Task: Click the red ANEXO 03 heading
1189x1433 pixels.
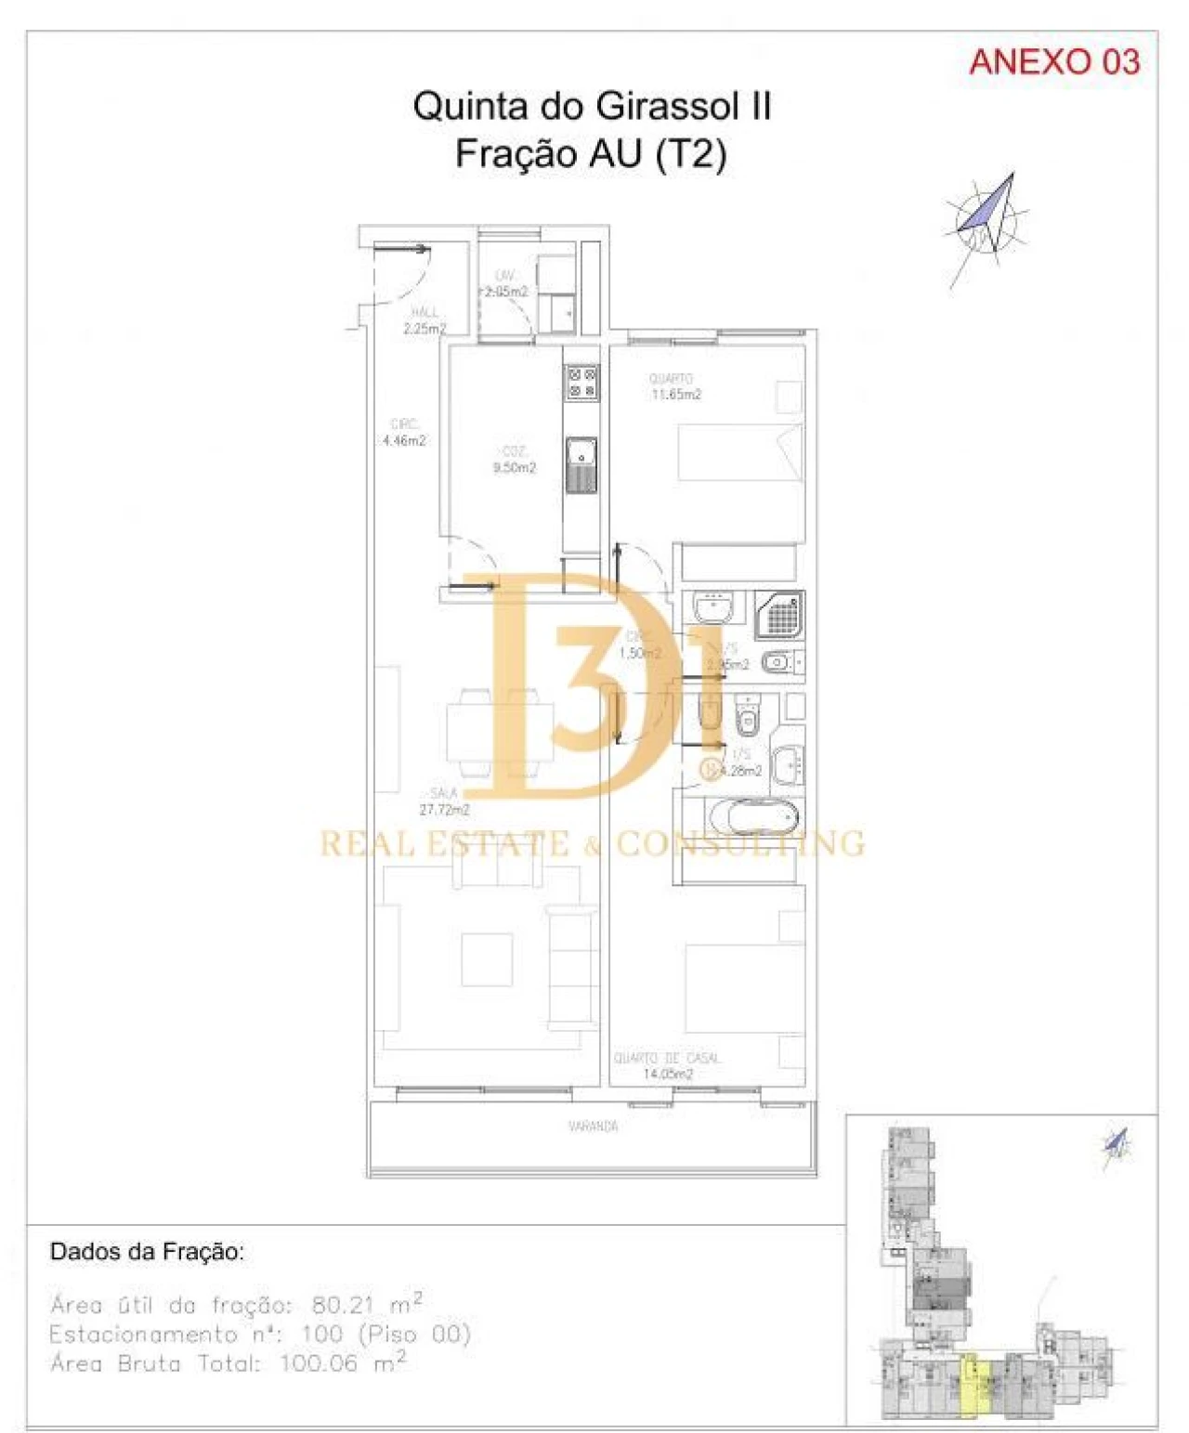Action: tap(1053, 62)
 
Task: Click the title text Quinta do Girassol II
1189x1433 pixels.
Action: tap(592, 106)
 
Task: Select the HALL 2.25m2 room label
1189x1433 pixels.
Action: tap(425, 321)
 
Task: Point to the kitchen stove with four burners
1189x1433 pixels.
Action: tap(582, 382)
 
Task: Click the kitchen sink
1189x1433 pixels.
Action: tap(582, 462)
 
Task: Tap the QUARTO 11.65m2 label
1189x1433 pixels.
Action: tap(675, 387)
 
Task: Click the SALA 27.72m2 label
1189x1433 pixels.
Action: tap(444, 801)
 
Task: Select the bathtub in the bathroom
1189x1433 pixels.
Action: tap(753, 818)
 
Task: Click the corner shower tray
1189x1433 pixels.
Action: tap(780, 615)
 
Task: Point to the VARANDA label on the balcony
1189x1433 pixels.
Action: tap(593, 1127)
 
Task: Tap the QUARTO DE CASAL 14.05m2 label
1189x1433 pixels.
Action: tap(667, 1066)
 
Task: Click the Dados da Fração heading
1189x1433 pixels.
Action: tap(147, 1251)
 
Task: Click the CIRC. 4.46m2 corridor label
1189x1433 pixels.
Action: tap(404, 433)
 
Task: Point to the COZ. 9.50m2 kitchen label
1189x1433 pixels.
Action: tap(514, 460)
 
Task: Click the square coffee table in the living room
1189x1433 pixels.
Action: tap(487, 959)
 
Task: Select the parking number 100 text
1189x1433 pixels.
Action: tap(322, 1335)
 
